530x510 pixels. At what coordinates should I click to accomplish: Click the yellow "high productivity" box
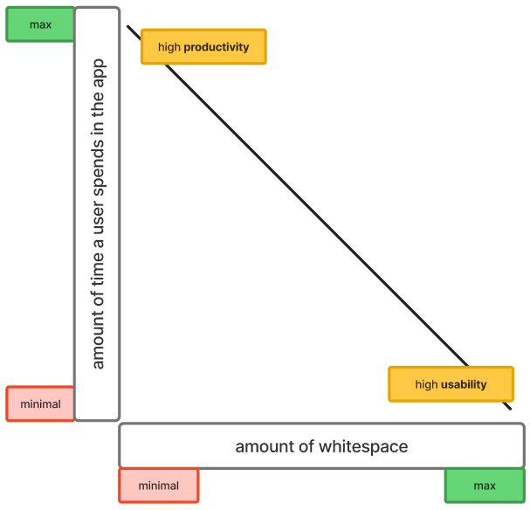(203, 47)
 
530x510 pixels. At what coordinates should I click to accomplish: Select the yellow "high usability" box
(451, 384)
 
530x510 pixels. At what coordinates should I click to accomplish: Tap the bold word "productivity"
(217, 47)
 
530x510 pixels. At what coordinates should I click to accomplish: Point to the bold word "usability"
(464, 384)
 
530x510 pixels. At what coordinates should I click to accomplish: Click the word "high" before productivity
(169, 47)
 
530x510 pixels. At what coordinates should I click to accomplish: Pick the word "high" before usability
(426, 384)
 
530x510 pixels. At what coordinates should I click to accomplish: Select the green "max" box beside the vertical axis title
(40, 24)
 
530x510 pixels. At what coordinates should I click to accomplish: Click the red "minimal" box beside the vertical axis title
(40, 404)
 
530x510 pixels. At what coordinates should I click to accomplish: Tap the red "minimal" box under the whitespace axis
(158, 486)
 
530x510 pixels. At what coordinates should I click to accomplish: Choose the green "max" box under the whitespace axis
(484, 486)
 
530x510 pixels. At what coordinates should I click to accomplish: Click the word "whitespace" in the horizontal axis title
(362, 446)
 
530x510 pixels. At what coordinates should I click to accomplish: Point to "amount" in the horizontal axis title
(264, 446)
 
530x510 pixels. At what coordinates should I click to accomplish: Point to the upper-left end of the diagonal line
(128, 27)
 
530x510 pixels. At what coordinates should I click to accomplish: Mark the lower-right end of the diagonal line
(511, 408)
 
